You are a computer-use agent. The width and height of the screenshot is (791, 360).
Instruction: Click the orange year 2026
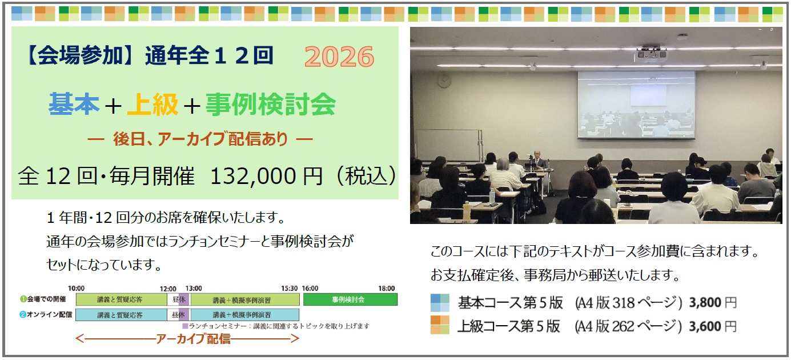[x=339, y=57]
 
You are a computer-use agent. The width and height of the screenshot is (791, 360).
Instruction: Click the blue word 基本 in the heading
[x=74, y=104]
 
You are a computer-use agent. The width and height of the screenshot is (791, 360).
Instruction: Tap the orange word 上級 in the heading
[x=152, y=104]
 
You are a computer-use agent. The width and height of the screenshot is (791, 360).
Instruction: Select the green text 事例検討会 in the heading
[x=271, y=104]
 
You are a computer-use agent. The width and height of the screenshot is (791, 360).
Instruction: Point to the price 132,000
[x=253, y=176]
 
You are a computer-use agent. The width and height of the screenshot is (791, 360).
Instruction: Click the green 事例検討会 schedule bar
[x=350, y=299]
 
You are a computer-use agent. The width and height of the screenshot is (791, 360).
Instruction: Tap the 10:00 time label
[x=77, y=288]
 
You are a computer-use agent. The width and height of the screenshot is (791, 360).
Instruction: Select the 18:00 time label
[x=387, y=288]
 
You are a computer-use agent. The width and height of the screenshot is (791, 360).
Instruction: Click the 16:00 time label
[x=310, y=288]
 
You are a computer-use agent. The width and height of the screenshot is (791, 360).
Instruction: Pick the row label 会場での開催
[x=43, y=299]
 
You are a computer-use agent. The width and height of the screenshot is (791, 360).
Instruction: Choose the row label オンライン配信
[x=46, y=314]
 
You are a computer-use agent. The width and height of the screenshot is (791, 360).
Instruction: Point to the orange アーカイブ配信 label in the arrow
[x=193, y=339]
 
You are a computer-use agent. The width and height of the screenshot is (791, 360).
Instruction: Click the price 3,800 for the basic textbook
[x=705, y=303]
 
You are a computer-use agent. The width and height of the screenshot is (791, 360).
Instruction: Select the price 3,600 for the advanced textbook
[x=705, y=326]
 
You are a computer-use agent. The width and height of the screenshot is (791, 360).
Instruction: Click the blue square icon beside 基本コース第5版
[x=440, y=303]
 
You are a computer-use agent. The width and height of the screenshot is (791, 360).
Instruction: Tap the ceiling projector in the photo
[x=651, y=53]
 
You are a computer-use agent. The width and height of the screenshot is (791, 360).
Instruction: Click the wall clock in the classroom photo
[x=444, y=82]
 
